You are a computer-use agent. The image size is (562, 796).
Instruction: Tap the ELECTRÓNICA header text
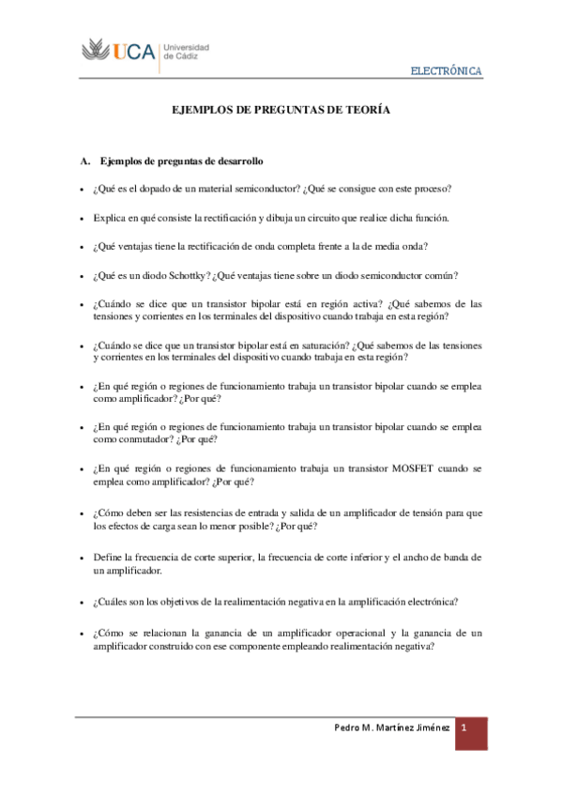point(448,72)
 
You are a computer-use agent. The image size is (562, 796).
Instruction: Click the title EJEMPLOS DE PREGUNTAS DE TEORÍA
point(281,111)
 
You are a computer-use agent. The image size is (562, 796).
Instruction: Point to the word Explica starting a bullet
point(112,218)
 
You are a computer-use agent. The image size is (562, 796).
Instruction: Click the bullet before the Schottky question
point(82,276)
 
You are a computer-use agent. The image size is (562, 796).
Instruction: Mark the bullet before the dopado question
point(82,190)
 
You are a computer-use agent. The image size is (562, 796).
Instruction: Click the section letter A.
point(84,161)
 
